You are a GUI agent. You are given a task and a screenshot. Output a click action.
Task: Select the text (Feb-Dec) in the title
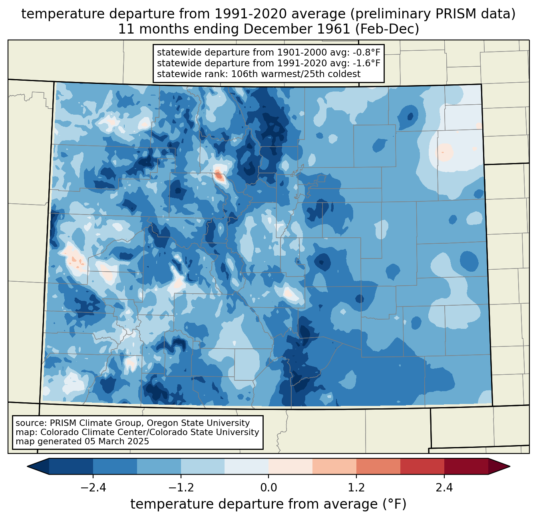pos(387,29)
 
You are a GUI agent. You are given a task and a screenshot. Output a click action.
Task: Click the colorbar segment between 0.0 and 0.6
pos(290,466)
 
